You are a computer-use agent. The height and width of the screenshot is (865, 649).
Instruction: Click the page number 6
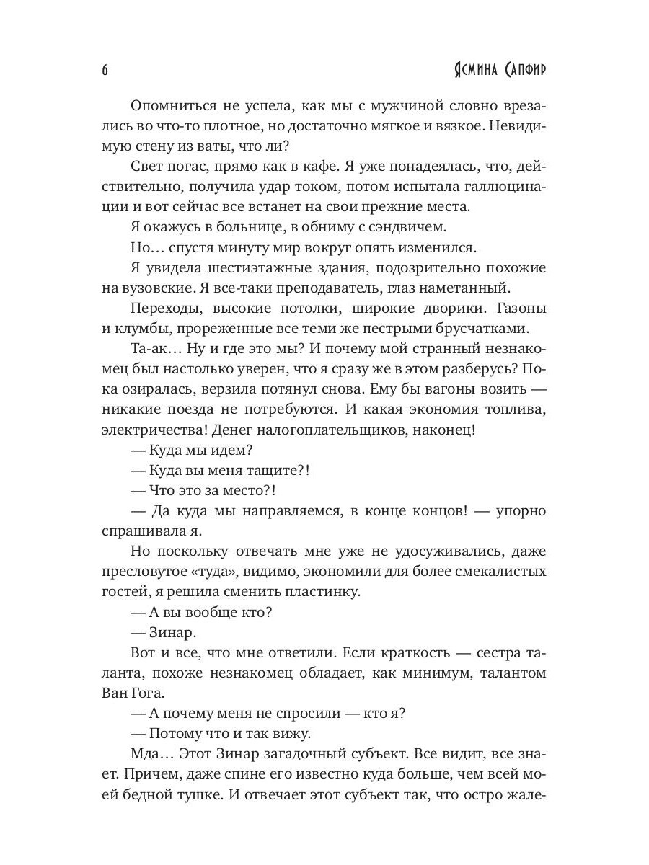click(x=105, y=70)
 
